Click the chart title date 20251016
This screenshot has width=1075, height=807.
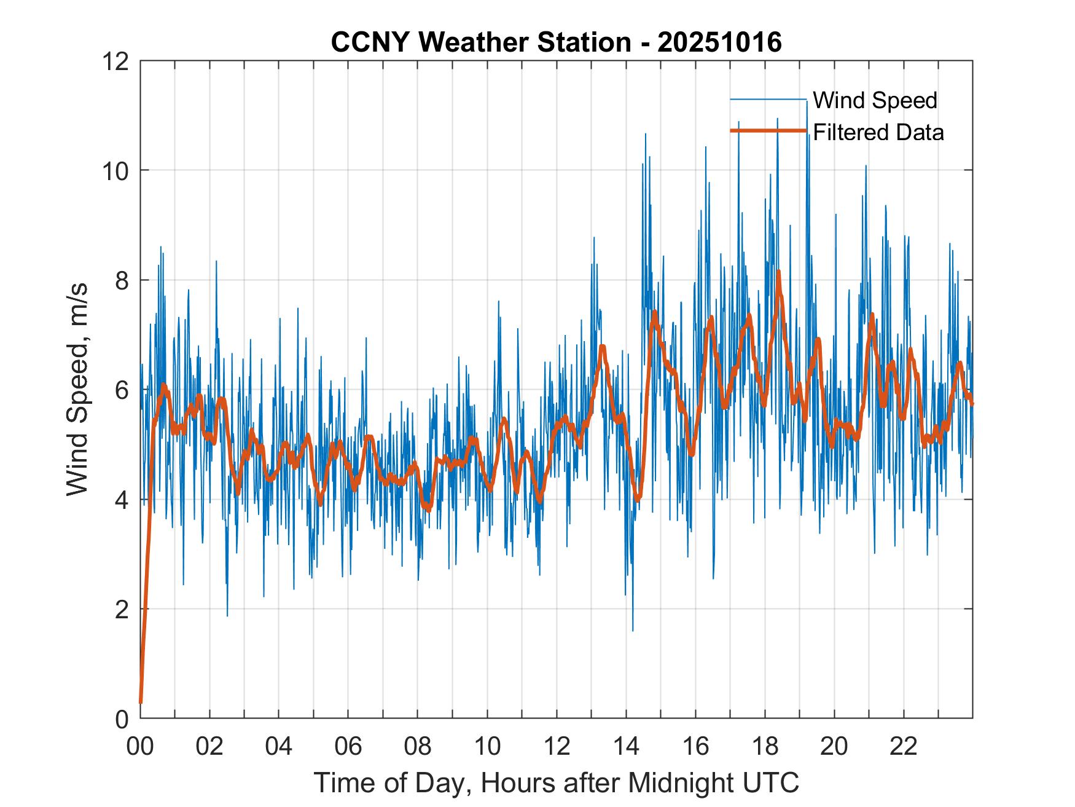[719, 42]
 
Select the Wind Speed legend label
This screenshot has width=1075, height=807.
[875, 100]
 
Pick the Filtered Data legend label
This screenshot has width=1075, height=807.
[878, 132]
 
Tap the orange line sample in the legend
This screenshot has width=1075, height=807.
[768, 131]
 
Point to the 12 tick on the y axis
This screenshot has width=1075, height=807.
[117, 61]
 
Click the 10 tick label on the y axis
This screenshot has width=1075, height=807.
[117, 170]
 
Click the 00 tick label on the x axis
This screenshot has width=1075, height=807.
[140, 746]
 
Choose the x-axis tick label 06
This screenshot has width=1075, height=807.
[348, 746]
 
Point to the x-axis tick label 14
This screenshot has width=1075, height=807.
[626, 746]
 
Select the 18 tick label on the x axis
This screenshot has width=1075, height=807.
[765, 746]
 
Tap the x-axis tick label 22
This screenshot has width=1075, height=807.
[904, 746]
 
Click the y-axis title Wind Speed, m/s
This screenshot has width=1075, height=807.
[77, 389]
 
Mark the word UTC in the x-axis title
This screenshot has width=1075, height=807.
[772, 782]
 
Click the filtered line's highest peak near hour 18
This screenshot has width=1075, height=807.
[778, 272]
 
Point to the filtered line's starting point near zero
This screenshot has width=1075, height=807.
[141, 702]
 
